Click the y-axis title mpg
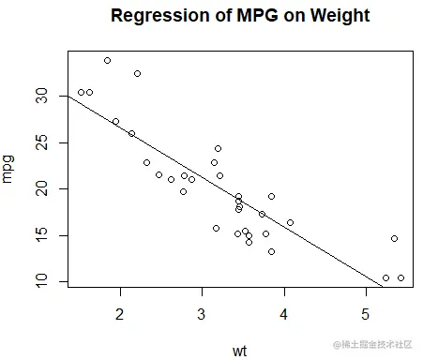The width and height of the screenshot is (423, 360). (x=8, y=169)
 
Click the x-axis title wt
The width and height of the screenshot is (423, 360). (x=240, y=351)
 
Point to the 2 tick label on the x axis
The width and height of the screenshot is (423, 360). (x=120, y=313)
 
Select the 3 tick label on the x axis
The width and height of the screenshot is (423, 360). (x=202, y=313)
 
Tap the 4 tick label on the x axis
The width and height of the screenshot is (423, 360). (x=283, y=313)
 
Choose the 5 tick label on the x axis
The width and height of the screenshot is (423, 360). (x=365, y=313)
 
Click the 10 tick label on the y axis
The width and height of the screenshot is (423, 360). (x=40, y=280)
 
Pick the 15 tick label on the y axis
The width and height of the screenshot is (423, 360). (x=40, y=234)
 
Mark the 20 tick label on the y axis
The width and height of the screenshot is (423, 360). (x=40, y=188)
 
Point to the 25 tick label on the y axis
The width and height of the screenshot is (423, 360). (x=40, y=142)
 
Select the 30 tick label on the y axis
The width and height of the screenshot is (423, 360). (x=40, y=97)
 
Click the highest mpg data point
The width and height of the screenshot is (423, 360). (x=107, y=60)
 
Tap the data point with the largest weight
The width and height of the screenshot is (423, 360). (x=400, y=277)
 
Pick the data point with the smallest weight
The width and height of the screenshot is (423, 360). (x=81, y=92)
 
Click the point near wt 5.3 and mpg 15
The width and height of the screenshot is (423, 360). (x=394, y=238)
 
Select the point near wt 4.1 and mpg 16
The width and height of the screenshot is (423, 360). (x=290, y=223)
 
